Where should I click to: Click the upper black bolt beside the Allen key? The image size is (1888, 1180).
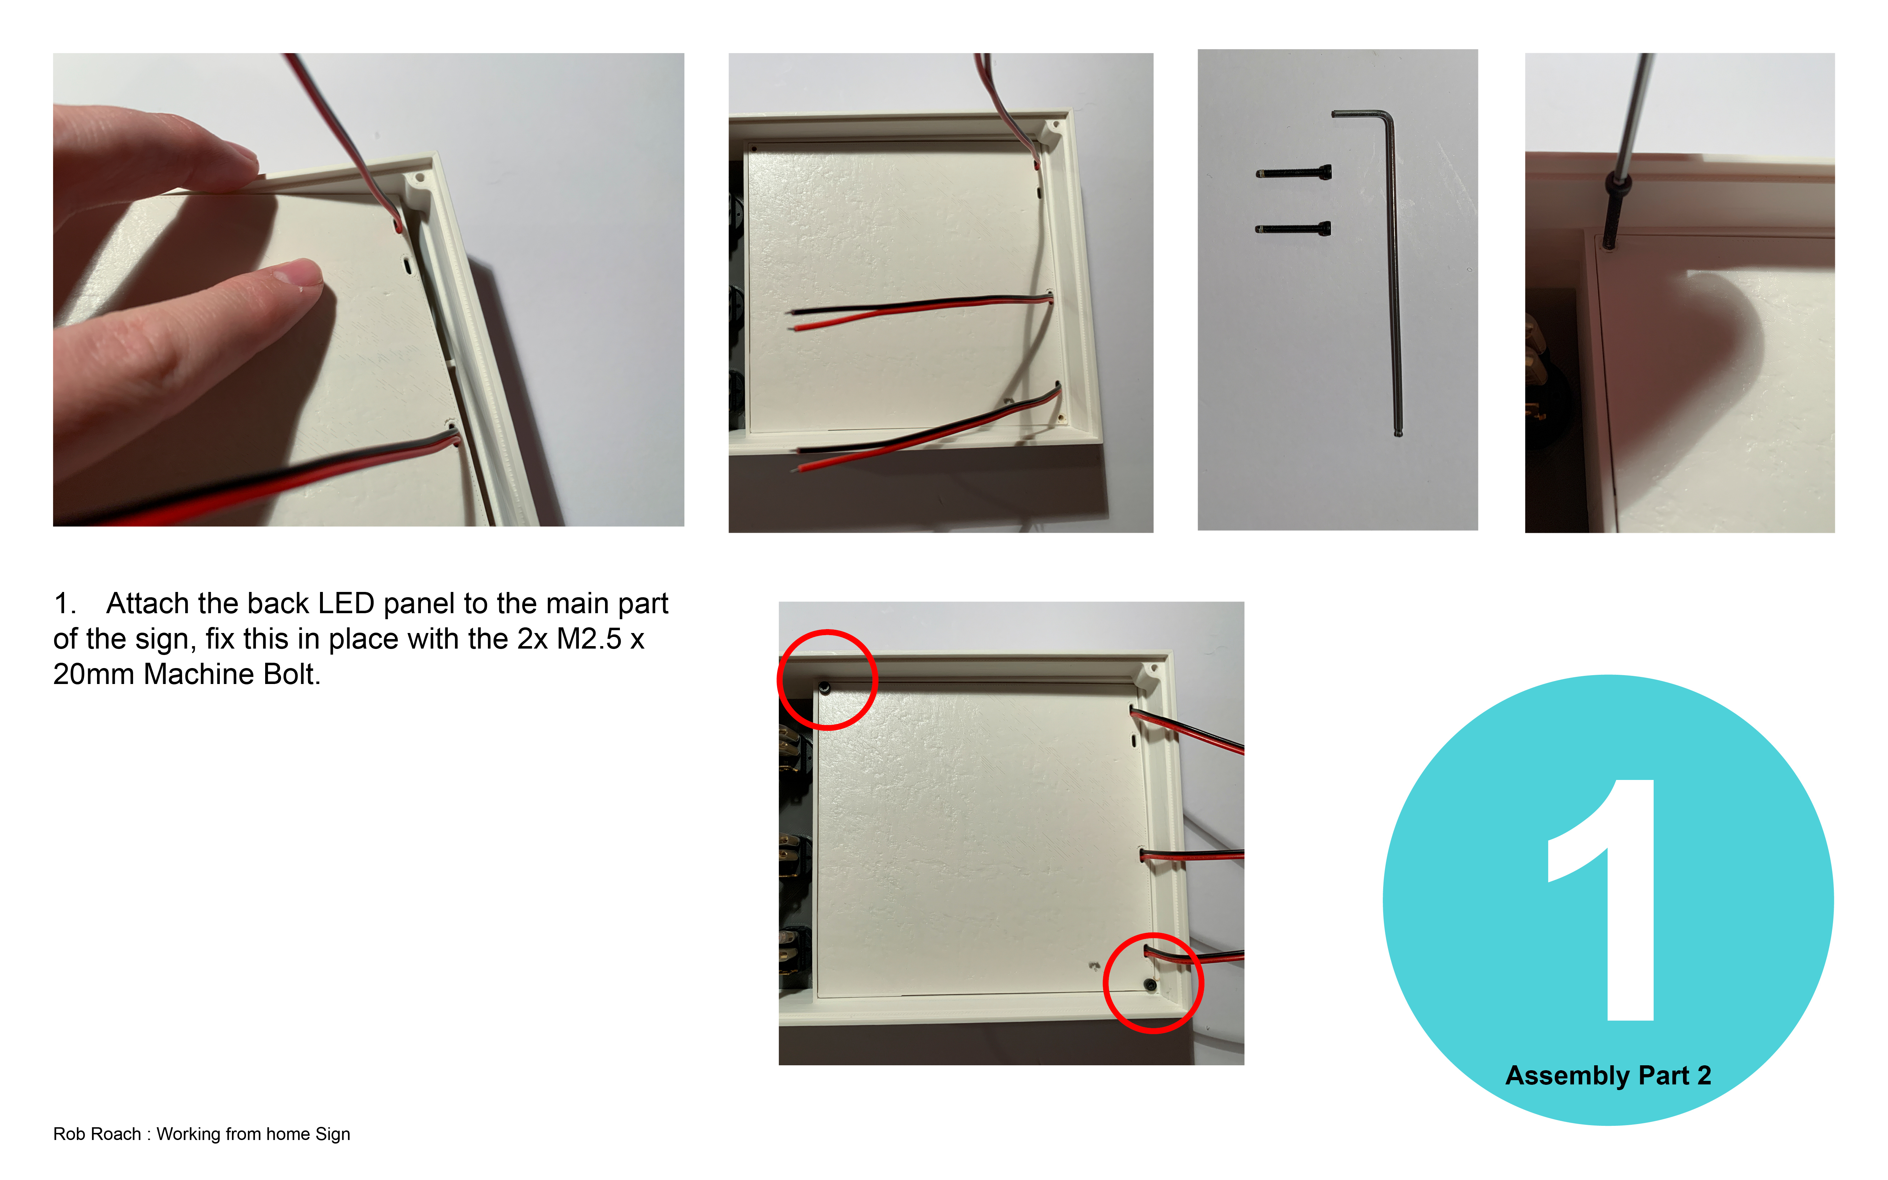pyautogui.click(x=1294, y=173)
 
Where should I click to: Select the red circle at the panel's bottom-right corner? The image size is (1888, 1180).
pyautogui.click(x=1153, y=984)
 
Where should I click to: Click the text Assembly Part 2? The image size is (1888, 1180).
pyautogui.click(x=1608, y=1076)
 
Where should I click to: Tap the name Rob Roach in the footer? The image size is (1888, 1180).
pyautogui.click(x=97, y=1134)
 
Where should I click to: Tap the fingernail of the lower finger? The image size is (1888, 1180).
pyautogui.click(x=299, y=274)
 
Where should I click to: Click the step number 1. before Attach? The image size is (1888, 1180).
pyautogui.click(x=64, y=603)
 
